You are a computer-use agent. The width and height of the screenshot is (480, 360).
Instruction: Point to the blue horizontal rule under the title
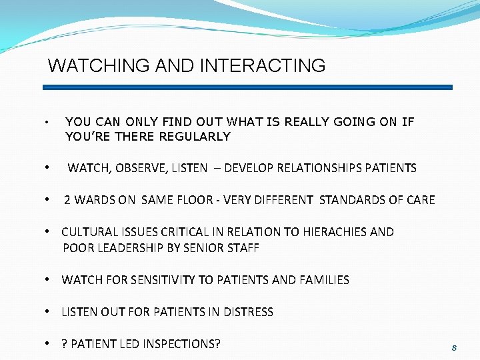(247, 87)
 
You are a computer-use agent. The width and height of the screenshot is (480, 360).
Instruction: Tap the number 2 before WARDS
(67, 200)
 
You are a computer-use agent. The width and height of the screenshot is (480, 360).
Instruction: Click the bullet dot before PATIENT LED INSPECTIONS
(49, 344)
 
